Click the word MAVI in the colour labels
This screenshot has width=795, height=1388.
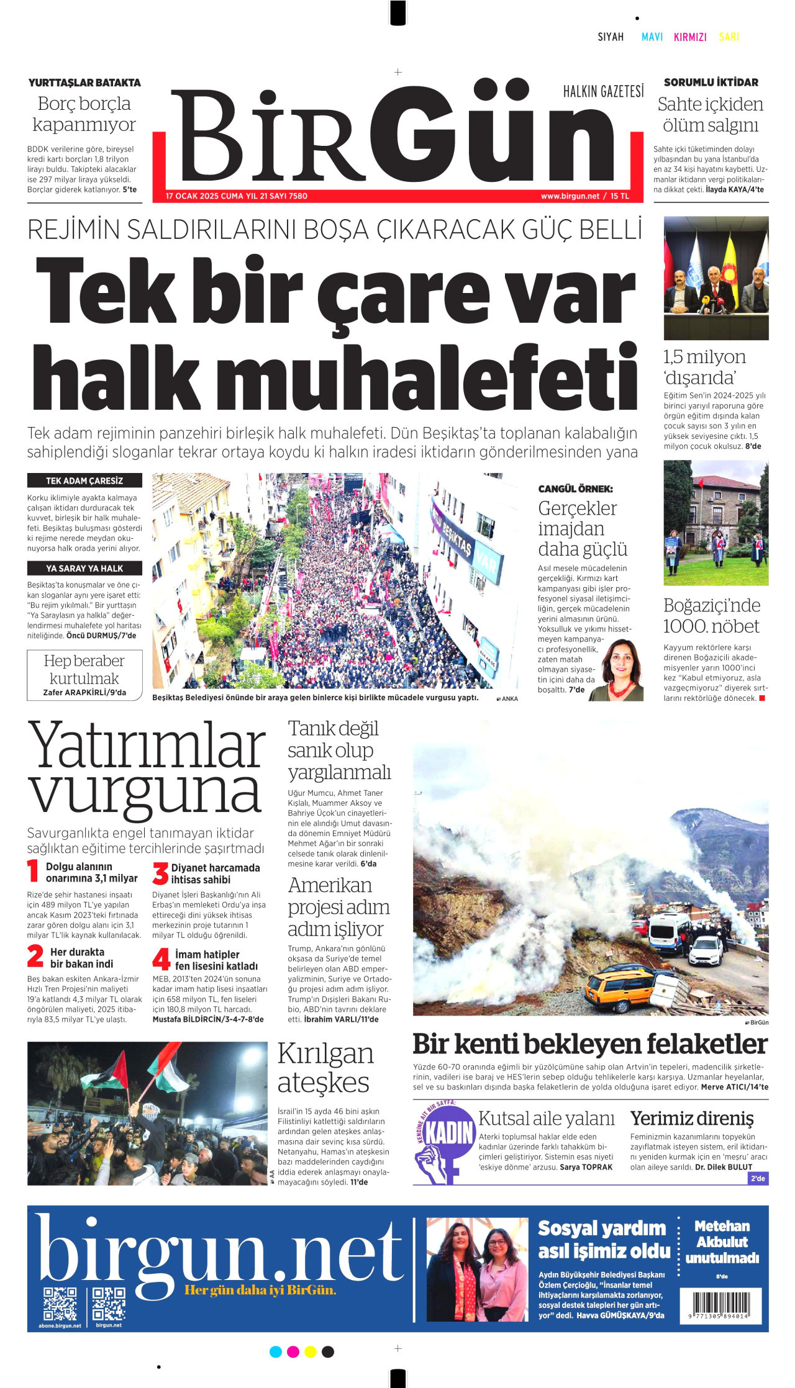pos(652,37)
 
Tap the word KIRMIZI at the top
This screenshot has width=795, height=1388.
pos(690,37)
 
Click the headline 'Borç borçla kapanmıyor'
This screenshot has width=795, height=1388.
pos(84,114)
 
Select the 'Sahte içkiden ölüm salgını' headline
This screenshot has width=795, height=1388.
pos(711,114)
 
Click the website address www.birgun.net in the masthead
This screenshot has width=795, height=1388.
pos(570,196)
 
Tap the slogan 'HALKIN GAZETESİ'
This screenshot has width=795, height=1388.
pos(603,92)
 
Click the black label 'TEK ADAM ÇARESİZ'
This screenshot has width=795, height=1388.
pos(84,480)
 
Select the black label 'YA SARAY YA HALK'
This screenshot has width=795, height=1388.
pos(84,568)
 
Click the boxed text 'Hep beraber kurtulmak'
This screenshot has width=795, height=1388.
pos(84,670)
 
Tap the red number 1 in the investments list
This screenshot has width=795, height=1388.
pos(33,871)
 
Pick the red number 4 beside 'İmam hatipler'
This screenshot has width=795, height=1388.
pos(161,960)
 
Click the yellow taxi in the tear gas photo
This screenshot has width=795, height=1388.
pos(620,981)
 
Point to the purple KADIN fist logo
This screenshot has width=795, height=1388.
pos(443,1142)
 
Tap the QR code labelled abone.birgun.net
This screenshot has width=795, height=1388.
pos(60,1304)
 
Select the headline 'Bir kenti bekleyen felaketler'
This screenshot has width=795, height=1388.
pos(589,1044)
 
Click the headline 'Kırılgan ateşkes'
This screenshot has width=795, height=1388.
pos(325,1068)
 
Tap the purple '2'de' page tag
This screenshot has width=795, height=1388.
pos(758,1178)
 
